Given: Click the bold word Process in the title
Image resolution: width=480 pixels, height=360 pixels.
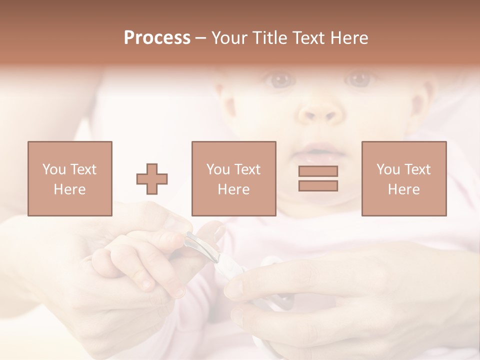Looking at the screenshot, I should click(x=157, y=38).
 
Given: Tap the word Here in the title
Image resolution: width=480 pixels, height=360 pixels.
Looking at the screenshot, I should click(x=349, y=38).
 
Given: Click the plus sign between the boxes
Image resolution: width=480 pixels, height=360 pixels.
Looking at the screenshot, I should click(x=152, y=178).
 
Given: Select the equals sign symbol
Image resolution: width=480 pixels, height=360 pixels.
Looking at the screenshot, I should click(x=318, y=178).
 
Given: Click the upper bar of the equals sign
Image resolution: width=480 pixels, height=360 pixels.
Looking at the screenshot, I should click(x=318, y=171).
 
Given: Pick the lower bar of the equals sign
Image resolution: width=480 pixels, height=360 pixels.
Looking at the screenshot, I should click(x=318, y=185).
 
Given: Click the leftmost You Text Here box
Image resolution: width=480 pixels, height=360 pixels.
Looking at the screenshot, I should click(x=69, y=178).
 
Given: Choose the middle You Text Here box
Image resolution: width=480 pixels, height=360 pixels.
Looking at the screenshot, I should click(x=233, y=178).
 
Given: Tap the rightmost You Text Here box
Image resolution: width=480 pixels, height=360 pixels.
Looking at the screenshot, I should click(x=403, y=178).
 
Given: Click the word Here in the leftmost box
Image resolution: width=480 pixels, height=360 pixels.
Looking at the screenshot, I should click(x=69, y=189).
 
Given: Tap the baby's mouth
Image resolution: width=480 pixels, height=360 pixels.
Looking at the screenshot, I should click(x=320, y=149).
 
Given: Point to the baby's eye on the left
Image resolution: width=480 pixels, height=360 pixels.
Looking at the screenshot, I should click(x=281, y=79).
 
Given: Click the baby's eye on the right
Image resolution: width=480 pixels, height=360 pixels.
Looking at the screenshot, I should click(x=359, y=78).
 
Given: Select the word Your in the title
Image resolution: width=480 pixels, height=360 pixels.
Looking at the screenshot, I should click(x=230, y=38).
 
